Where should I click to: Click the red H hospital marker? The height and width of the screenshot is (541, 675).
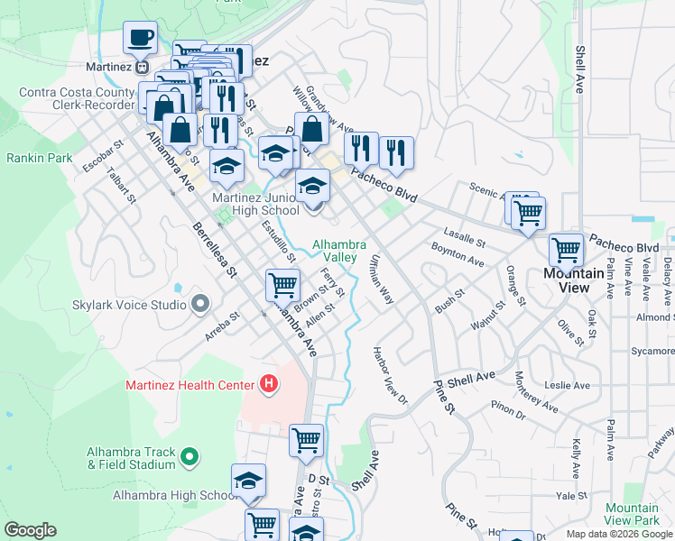(x=268, y=385)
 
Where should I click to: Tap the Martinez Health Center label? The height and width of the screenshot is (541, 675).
(x=191, y=386)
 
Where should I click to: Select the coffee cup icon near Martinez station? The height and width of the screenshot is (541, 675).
(x=140, y=38)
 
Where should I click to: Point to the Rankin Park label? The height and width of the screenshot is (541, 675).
(x=39, y=158)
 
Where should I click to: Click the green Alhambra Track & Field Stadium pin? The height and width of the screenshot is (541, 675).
(x=190, y=457)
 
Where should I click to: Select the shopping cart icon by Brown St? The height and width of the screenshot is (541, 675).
(x=282, y=286)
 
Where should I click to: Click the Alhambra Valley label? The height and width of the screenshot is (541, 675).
(x=338, y=251)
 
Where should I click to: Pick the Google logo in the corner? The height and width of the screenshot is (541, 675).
(x=30, y=530)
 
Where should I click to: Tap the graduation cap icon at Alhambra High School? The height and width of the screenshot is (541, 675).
(x=248, y=481)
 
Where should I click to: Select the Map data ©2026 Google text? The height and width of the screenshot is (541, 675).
(x=619, y=534)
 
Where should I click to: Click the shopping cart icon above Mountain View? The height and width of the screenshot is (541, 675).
(x=566, y=249)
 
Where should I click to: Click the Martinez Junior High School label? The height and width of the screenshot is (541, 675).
(x=255, y=204)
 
